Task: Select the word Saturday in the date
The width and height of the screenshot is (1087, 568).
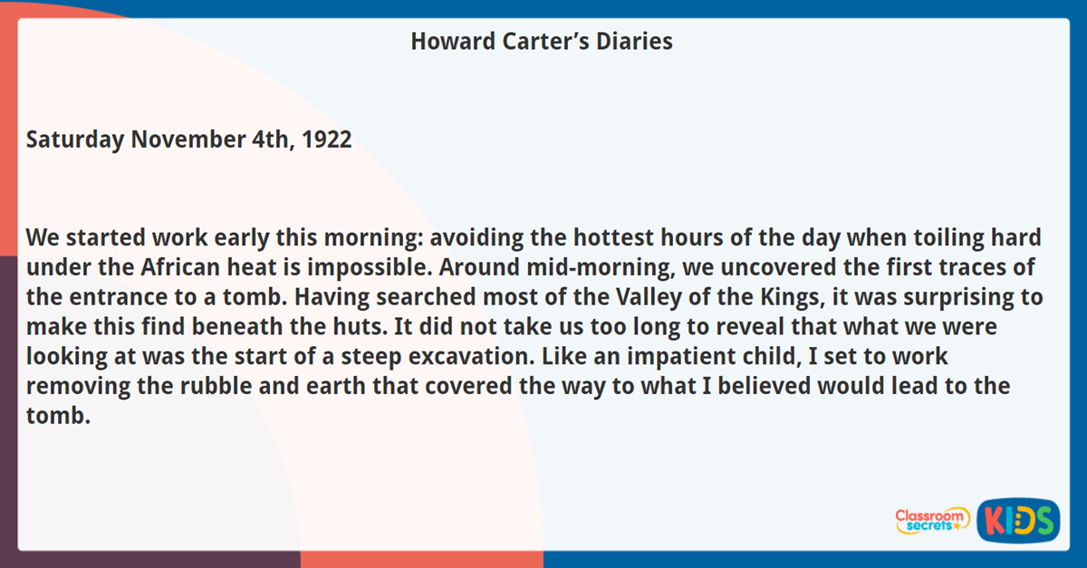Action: point(74,140)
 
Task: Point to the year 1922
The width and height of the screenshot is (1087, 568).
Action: point(325,140)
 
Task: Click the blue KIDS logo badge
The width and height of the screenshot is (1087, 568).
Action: point(1018,520)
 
